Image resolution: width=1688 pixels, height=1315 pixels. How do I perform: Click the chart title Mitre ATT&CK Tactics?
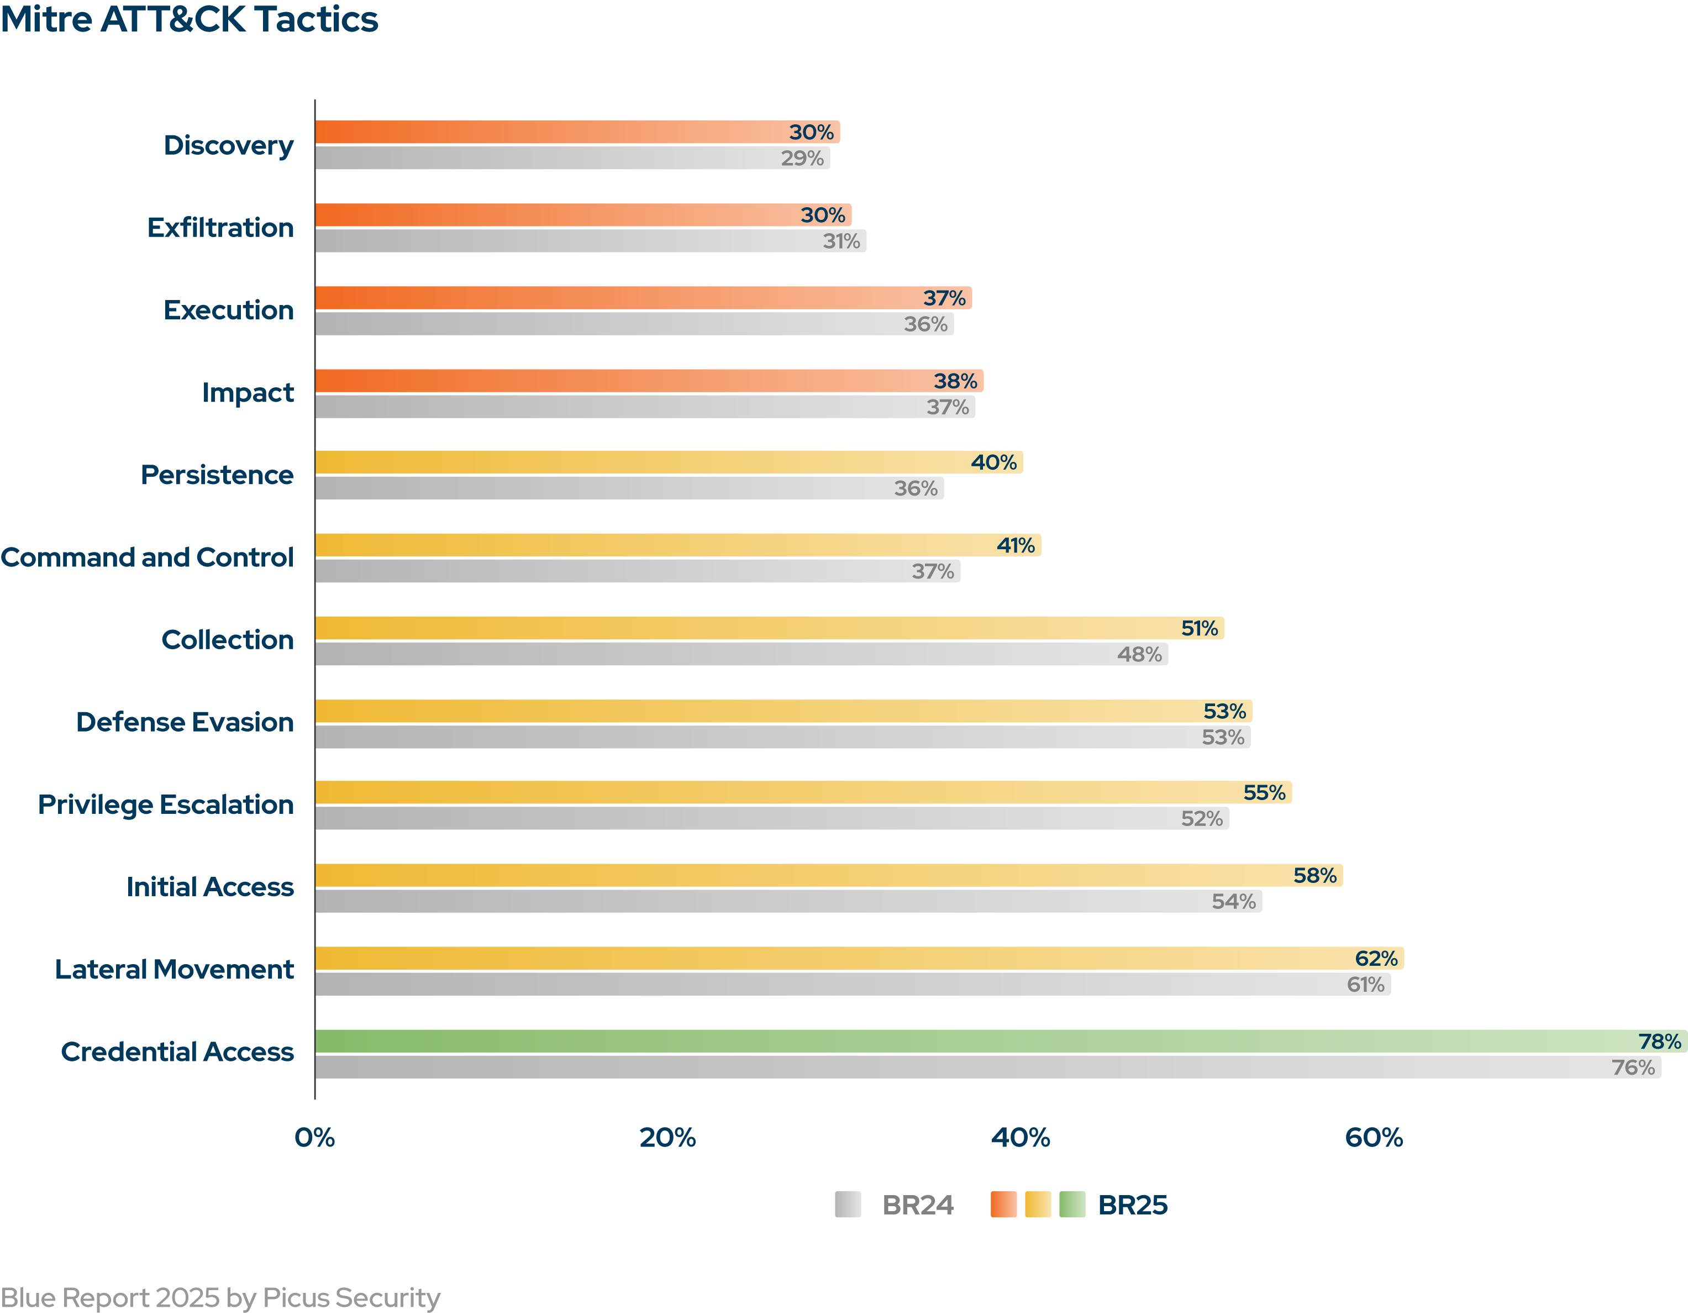coord(190,19)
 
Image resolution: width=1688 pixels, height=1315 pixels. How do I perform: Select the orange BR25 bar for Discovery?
coord(577,132)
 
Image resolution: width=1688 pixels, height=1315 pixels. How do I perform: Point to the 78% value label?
coord(1659,1042)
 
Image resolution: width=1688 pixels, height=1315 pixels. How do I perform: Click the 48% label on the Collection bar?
coord(1139,655)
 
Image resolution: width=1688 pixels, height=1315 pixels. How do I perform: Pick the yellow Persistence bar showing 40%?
coord(668,462)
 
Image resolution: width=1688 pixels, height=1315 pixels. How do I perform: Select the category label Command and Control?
coord(147,557)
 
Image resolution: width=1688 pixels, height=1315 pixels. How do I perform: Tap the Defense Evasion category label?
coord(185,722)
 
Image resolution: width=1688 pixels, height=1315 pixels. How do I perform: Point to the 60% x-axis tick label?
coord(1374,1137)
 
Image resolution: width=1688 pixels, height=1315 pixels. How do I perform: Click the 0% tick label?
coord(314,1137)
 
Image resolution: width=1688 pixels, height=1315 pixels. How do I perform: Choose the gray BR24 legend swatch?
coord(848,1204)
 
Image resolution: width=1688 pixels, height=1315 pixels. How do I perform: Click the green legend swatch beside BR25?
coord(1072,1204)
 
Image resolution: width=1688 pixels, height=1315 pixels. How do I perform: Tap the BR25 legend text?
coord(1132,1205)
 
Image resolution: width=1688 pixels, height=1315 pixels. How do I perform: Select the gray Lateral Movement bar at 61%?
coord(853,984)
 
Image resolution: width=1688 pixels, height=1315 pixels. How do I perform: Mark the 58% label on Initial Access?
coord(1314,875)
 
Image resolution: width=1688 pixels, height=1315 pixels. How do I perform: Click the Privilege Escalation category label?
coord(166,805)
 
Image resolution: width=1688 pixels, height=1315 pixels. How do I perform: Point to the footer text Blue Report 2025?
coord(220,1297)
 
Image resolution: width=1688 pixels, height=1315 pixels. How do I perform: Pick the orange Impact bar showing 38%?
coord(649,381)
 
